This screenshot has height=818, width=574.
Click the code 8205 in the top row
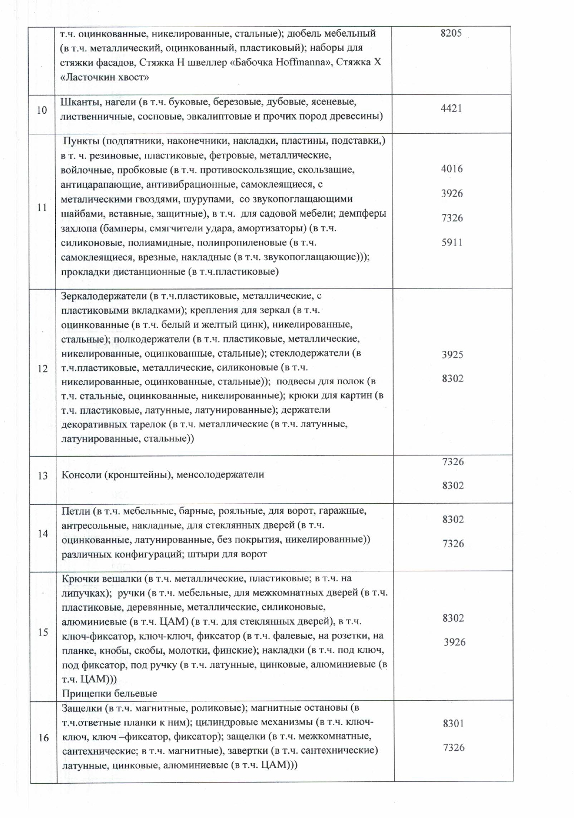click(451, 33)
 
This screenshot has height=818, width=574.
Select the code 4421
click(451, 108)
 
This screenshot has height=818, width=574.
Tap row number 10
click(42, 110)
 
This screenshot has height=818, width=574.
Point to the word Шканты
click(78, 102)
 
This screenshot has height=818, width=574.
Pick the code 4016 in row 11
click(452, 169)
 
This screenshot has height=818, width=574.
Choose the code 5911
click(452, 242)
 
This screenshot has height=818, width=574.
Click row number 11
click(42, 208)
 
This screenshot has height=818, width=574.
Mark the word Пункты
click(81, 141)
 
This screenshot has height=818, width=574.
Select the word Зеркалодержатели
click(104, 296)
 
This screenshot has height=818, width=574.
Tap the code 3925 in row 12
click(452, 354)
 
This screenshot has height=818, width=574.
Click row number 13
click(42, 475)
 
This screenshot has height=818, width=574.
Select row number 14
click(43, 534)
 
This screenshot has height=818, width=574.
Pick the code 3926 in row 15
click(454, 642)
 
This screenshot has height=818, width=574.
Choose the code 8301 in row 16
click(453, 723)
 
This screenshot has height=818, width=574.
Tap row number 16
click(43, 738)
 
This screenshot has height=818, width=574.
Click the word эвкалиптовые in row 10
click(223, 116)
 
